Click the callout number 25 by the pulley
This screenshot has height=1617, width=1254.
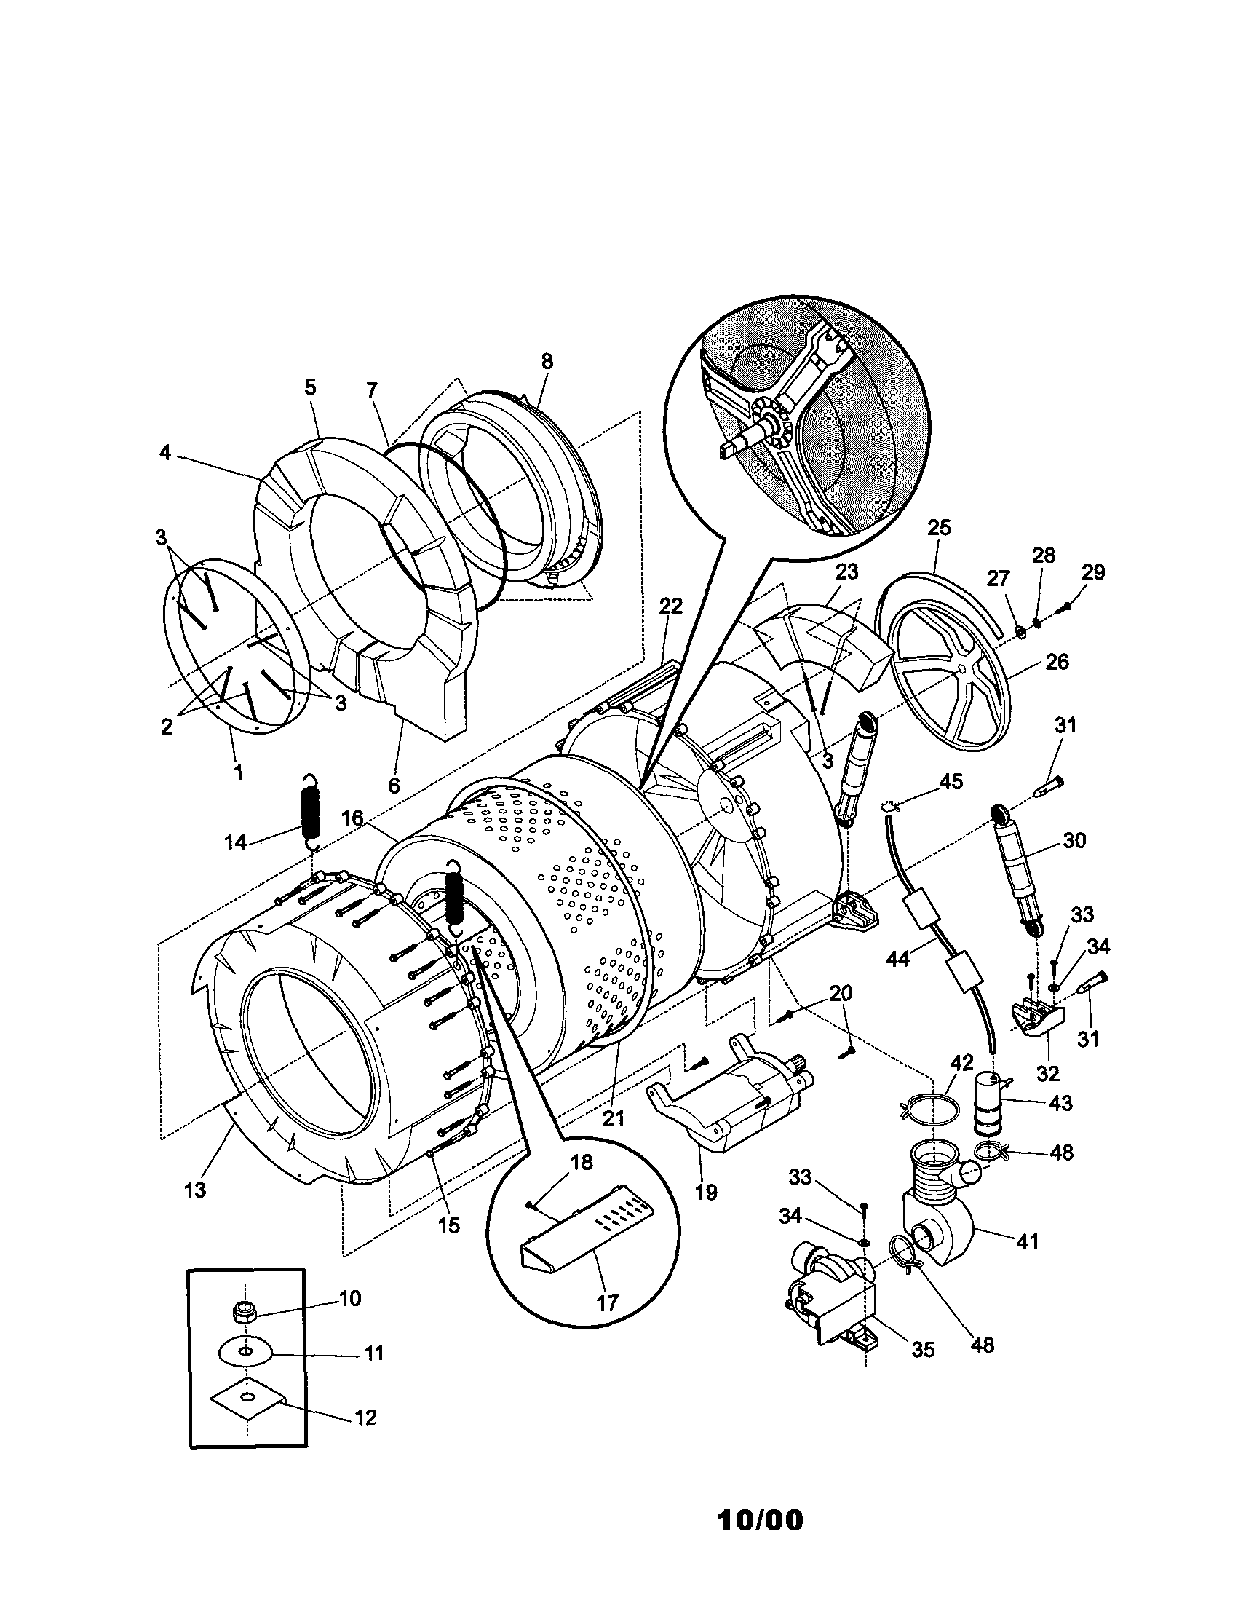[938, 529]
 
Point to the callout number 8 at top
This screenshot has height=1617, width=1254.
[547, 362]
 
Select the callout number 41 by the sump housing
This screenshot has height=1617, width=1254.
[1027, 1240]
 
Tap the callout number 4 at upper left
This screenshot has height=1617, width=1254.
[164, 452]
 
